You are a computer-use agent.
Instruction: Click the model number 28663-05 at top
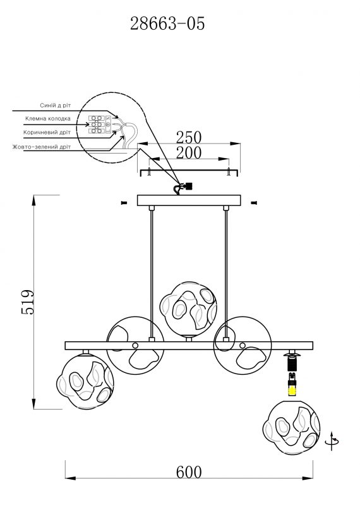coord(167,24)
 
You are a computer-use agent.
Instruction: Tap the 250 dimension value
coord(189,137)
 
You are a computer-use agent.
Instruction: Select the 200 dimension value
coord(189,153)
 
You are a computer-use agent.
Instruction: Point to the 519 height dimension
coord(28,301)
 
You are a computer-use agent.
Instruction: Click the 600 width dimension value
coord(189,473)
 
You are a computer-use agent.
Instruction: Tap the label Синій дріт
coord(55,106)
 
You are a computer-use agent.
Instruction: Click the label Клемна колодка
coord(48,119)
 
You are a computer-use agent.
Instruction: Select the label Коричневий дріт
coord(47,132)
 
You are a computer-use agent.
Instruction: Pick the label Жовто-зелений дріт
coord(42,147)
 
